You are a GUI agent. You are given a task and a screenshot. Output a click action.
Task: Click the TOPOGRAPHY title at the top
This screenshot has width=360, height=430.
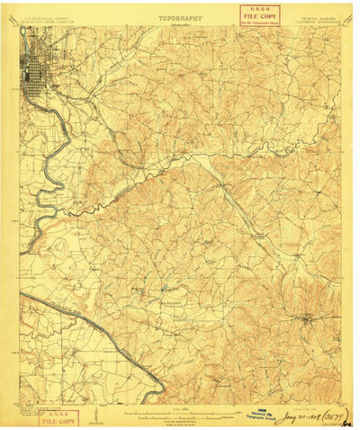tap(180, 16)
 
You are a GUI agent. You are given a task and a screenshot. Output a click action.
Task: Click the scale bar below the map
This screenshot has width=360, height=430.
tap(180, 412)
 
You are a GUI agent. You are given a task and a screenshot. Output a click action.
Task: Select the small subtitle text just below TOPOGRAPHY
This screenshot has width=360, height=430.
tap(180, 23)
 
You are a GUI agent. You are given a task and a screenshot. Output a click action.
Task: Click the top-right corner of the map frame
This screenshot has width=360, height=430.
tap(342, 27)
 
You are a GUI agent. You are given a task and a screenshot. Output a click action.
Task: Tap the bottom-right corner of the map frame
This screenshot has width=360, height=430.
tap(342, 403)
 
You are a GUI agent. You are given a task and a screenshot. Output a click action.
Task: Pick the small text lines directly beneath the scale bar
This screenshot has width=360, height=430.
tap(180, 420)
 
